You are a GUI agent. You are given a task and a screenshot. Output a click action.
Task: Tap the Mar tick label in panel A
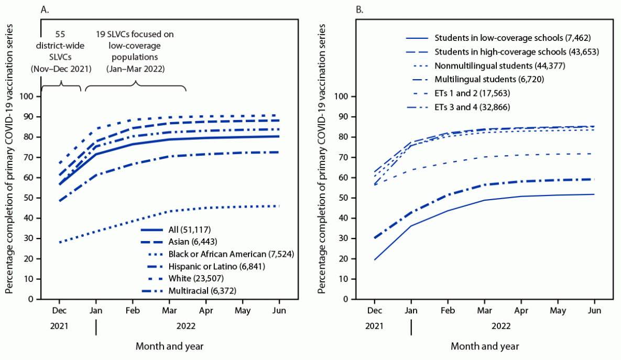pos(169,309)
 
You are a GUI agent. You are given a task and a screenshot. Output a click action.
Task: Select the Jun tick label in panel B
pos(595,309)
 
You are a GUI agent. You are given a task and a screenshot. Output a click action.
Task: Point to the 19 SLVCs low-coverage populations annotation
pos(135,51)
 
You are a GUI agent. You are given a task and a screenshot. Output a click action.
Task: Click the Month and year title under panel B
pos(484,346)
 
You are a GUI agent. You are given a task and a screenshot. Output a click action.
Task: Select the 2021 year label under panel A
pos(59,325)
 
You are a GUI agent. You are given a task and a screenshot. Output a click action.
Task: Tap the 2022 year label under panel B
pos(502,325)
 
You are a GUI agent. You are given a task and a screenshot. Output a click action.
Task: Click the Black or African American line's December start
pos(59,243)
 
